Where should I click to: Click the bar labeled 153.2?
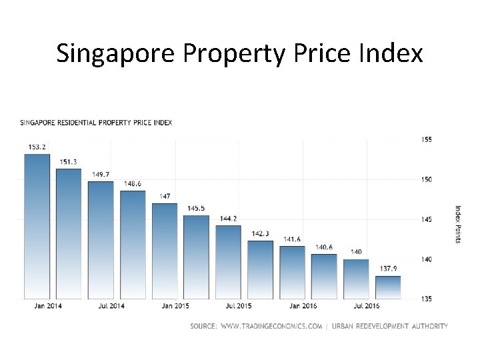[37, 227]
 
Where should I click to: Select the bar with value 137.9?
[388, 287]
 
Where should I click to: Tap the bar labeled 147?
[165, 251]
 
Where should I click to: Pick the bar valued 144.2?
[229, 262]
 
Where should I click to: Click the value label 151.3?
[69, 162]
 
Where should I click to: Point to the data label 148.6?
[133, 183]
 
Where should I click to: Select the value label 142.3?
[261, 233]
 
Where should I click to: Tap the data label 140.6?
[324, 247]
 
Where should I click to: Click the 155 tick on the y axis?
[427, 139]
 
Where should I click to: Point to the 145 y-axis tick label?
[427, 219]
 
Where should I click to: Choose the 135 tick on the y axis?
[427, 299]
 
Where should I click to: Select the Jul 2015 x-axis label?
[238, 306]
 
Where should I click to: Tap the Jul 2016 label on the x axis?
[366, 306]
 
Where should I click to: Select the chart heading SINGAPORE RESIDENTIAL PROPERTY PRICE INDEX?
[96, 123]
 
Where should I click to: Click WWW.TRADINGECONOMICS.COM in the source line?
[271, 326]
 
